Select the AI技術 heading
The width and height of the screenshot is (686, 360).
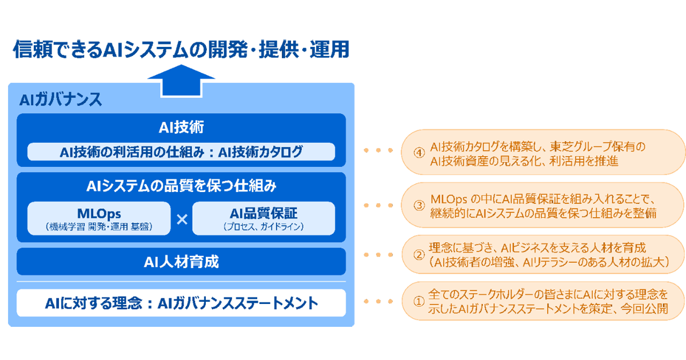181,127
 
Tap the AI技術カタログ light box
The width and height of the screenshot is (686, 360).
181,152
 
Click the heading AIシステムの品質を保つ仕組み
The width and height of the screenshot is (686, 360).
181,186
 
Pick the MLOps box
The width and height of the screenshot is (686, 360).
99,218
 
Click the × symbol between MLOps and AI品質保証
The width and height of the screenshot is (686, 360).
182,219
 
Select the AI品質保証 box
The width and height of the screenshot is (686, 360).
264,218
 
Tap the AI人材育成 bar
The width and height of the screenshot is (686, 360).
181,262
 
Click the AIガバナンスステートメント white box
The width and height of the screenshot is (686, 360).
181,303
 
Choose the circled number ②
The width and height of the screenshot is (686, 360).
420,255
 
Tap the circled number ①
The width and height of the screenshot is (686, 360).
420,303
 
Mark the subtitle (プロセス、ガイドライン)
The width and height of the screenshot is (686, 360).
264,227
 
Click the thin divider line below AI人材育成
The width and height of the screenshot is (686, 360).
181,281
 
